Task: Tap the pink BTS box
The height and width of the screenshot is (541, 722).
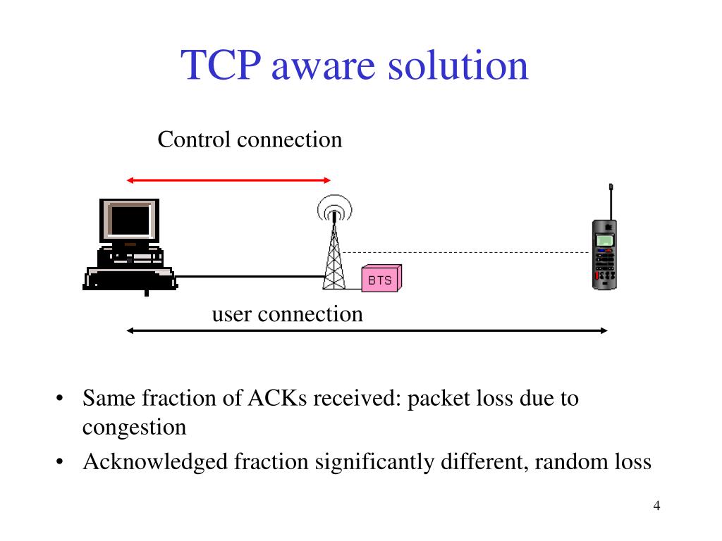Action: pos(381,280)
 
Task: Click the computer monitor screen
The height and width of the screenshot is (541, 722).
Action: pos(130,220)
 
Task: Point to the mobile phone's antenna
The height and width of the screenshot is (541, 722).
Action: pos(611,201)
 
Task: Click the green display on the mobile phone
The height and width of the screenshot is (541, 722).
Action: pos(604,240)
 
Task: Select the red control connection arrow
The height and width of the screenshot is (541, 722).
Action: pos(228,181)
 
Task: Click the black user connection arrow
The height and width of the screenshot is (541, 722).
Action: pos(367,330)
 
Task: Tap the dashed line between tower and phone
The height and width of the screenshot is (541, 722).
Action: pos(465,251)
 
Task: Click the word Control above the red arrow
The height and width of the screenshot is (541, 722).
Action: pos(194,139)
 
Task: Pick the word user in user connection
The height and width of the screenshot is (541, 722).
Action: pos(232,314)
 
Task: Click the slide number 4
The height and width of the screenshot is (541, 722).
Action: pos(656,506)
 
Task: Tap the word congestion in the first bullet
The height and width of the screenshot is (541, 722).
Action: pos(134,428)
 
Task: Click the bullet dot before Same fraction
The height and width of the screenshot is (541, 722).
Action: pos(61,399)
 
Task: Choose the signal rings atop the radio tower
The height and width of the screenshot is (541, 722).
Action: pos(334,209)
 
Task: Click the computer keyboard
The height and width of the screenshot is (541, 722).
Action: pos(130,279)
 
